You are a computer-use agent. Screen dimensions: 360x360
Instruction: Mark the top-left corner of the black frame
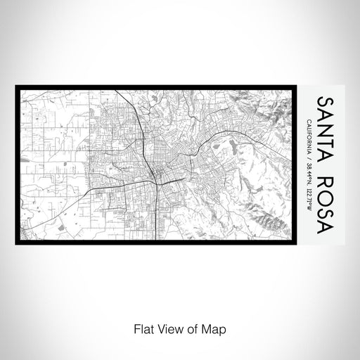[16, 87]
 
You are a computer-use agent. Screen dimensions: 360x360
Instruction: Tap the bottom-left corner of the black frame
[16, 243]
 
